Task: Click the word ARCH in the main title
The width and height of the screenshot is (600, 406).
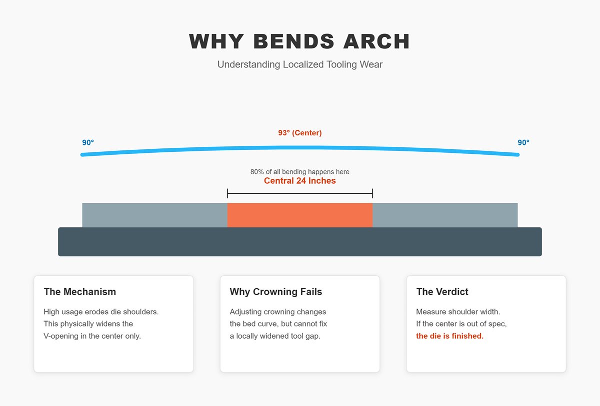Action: coord(376,41)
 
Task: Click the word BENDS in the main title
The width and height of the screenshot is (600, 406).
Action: coord(294,41)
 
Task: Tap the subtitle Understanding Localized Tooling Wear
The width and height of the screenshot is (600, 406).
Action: coord(299,64)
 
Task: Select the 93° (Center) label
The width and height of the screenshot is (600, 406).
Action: coord(299,133)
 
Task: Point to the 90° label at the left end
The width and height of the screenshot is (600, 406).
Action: coord(88,142)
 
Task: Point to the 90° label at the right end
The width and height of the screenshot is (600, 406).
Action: coord(523,142)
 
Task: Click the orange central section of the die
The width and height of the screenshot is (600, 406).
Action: coord(299,215)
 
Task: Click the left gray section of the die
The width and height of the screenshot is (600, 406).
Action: coord(154,215)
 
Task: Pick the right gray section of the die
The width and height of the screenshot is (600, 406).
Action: coord(445,215)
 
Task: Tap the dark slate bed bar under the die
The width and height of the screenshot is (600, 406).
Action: coord(299,242)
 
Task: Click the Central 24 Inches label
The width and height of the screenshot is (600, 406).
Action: coord(299,181)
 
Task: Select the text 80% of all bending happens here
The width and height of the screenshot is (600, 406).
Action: coord(299,172)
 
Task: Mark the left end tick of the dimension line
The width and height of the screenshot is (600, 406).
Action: coord(227,193)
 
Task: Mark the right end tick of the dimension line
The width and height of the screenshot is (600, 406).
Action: coord(372,193)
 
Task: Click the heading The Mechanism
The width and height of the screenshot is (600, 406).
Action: coord(80,292)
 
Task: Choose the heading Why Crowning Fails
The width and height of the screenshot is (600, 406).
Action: coord(276,292)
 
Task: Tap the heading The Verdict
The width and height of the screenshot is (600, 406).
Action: coord(442,292)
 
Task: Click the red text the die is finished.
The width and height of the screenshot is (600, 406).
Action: coord(449,336)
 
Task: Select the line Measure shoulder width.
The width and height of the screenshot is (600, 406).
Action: coord(458,312)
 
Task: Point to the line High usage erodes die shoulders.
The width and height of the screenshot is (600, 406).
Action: coord(101,312)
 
